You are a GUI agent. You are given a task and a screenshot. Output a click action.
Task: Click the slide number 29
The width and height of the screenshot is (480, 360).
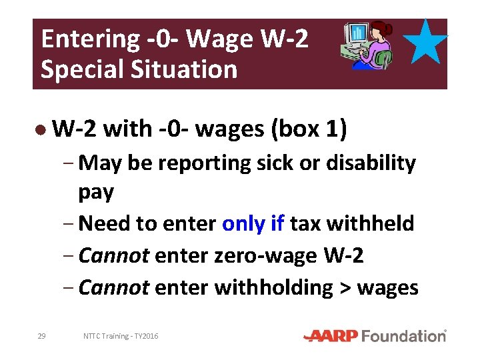pyautogui.click(x=41, y=336)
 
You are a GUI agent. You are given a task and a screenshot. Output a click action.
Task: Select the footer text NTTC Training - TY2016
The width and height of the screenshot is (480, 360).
pyautogui.click(x=121, y=337)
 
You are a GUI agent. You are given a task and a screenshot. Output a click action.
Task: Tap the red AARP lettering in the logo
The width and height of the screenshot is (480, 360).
pyautogui.click(x=331, y=336)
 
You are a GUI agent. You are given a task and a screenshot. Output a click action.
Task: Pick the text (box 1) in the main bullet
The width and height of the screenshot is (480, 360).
pyautogui.click(x=309, y=129)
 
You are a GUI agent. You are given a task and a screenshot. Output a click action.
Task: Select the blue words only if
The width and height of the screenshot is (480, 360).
pyautogui.click(x=253, y=223)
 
